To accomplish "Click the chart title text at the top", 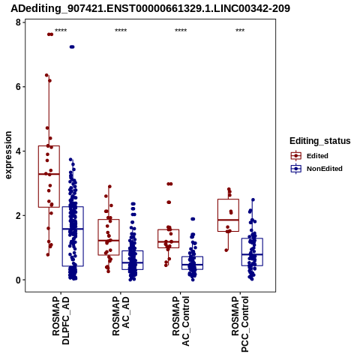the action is (x=150, y=8).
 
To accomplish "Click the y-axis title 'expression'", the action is (x=8, y=155).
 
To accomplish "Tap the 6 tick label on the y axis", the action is (x=18, y=87).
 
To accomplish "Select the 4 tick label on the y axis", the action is (x=18, y=151).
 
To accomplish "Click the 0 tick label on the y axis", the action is (x=18, y=280).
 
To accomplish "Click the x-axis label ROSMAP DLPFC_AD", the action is (x=61, y=321).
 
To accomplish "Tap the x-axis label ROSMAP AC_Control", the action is (x=181, y=321).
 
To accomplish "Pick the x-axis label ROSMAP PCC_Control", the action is (x=240, y=324).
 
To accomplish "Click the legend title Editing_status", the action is (x=320, y=141).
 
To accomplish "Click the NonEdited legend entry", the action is (x=316, y=169).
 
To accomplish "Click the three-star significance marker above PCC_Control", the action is (x=240, y=31).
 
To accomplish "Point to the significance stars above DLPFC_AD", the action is (x=61, y=31).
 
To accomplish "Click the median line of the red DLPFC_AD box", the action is (x=49, y=174).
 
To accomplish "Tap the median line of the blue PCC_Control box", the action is (x=252, y=254).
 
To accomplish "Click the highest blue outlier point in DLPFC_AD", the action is (x=72, y=46).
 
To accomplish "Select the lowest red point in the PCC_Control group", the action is (x=226, y=250).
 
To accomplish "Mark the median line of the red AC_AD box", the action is (x=109, y=240).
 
